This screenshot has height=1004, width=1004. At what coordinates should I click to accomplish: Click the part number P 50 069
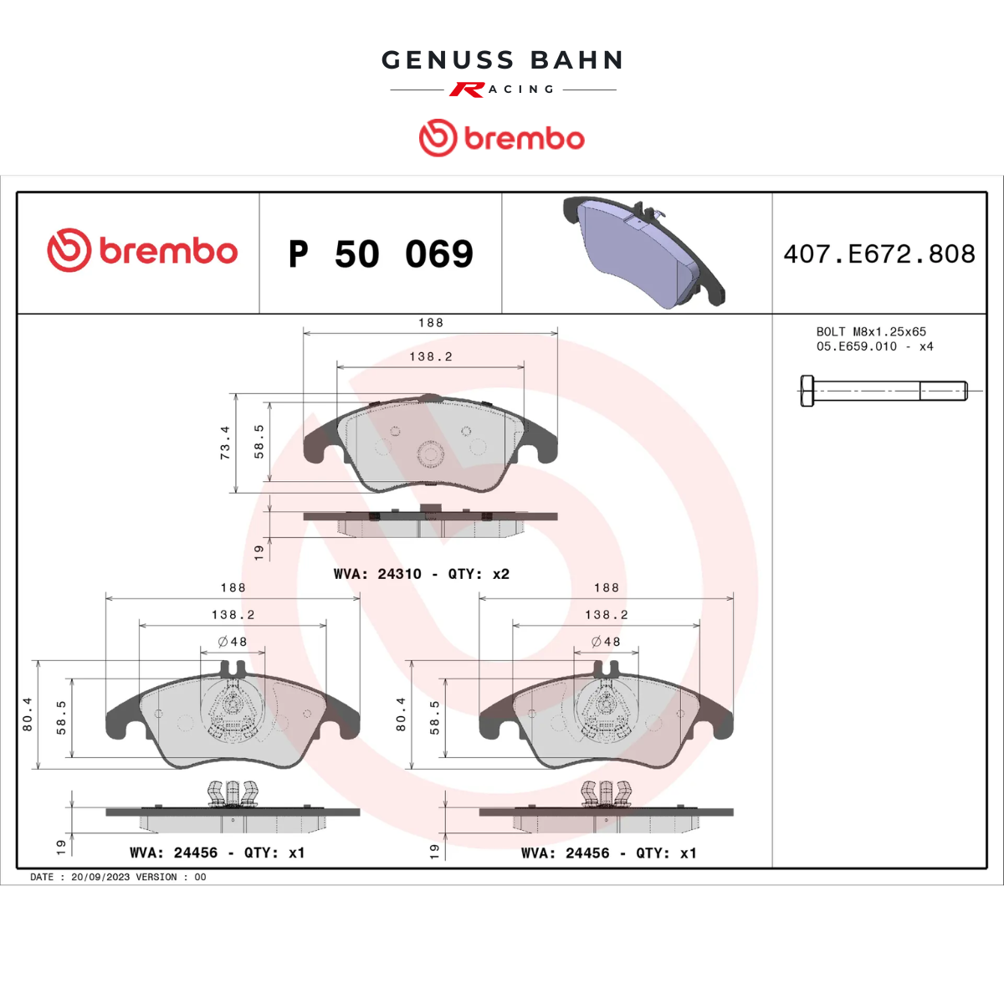(381, 254)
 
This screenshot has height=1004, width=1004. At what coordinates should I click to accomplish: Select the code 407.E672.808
(879, 254)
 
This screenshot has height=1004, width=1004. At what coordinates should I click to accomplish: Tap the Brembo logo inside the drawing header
(142, 250)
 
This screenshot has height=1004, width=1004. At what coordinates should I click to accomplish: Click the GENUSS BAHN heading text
(502, 60)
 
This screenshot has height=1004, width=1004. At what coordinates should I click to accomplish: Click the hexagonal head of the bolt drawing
(807, 391)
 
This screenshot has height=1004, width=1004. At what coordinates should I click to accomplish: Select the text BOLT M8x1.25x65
(871, 331)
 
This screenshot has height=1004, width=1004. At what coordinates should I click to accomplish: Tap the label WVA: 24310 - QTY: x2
(422, 574)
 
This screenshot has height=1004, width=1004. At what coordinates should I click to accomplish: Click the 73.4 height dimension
(225, 443)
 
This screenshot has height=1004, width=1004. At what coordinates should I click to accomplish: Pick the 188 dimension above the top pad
(431, 323)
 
